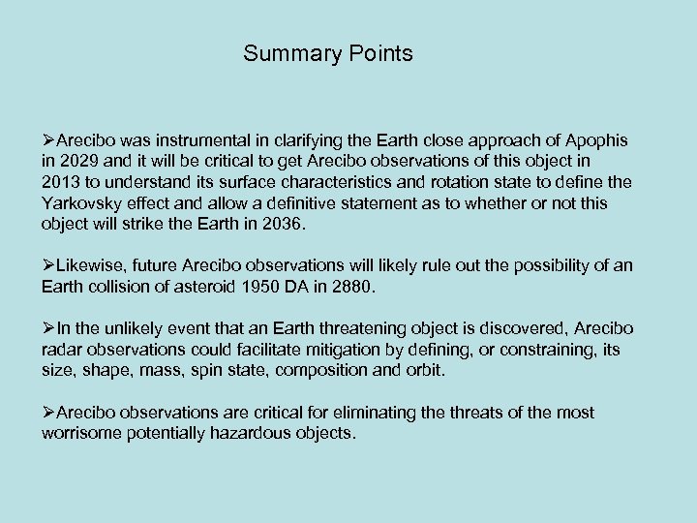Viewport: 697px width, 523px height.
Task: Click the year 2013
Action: [x=61, y=180]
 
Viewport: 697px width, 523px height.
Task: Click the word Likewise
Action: [x=92, y=265]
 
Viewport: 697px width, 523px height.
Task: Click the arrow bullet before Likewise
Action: [x=49, y=265]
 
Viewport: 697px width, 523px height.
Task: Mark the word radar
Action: [x=62, y=351]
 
